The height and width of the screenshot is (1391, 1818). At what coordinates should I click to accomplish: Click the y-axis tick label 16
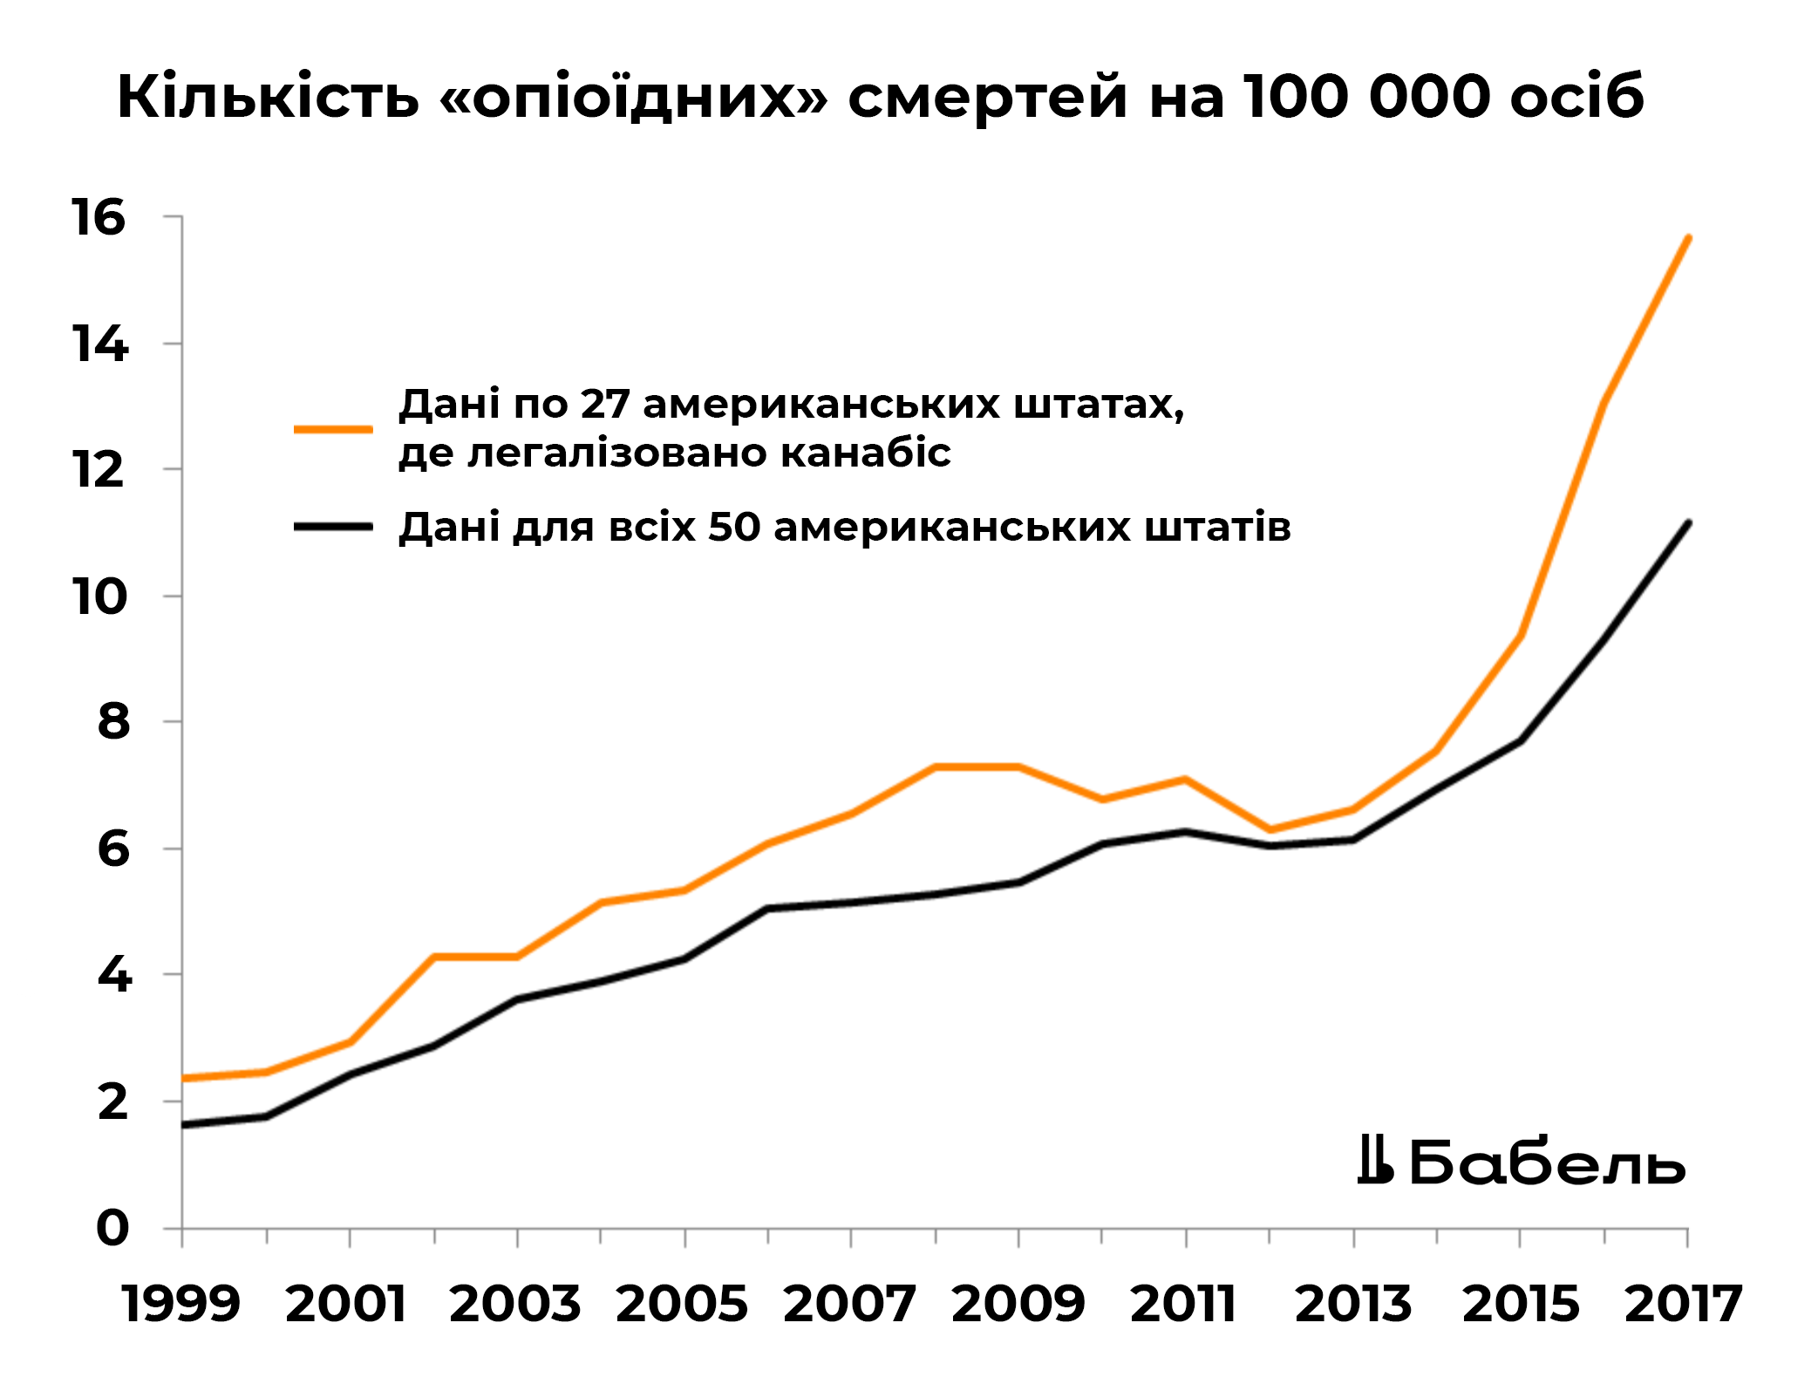(x=99, y=217)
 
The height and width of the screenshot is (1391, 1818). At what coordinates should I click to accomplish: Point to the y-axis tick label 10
(x=99, y=597)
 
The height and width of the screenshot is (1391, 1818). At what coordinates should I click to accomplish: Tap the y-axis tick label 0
(x=112, y=1228)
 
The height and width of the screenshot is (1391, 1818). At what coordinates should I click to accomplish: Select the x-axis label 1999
(x=181, y=1304)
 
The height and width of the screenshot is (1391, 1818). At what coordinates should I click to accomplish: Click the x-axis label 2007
(x=849, y=1304)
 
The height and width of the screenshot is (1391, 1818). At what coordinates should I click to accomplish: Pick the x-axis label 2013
(x=1352, y=1304)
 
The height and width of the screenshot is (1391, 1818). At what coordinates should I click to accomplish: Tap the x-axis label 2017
(x=1683, y=1304)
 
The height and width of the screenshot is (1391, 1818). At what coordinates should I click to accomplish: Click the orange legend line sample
(x=333, y=429)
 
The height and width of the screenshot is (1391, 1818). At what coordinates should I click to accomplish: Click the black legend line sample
(x=333, y=527)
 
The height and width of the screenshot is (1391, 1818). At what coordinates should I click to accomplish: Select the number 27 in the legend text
(x=604, y=404)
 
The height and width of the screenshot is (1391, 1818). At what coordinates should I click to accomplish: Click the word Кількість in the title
(x=268, y=95)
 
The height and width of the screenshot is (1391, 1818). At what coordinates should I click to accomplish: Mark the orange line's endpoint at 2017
(x=1688, y=237)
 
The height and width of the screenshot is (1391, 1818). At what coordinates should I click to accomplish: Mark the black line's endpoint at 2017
(x=1688, y=523)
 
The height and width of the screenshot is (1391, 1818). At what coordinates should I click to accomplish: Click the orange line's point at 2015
(x=1521, y=635)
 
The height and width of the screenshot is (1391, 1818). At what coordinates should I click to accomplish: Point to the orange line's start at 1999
(x=183, y=1078)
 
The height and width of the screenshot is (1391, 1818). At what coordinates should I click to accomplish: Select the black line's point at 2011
(x=1186, y=831)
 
